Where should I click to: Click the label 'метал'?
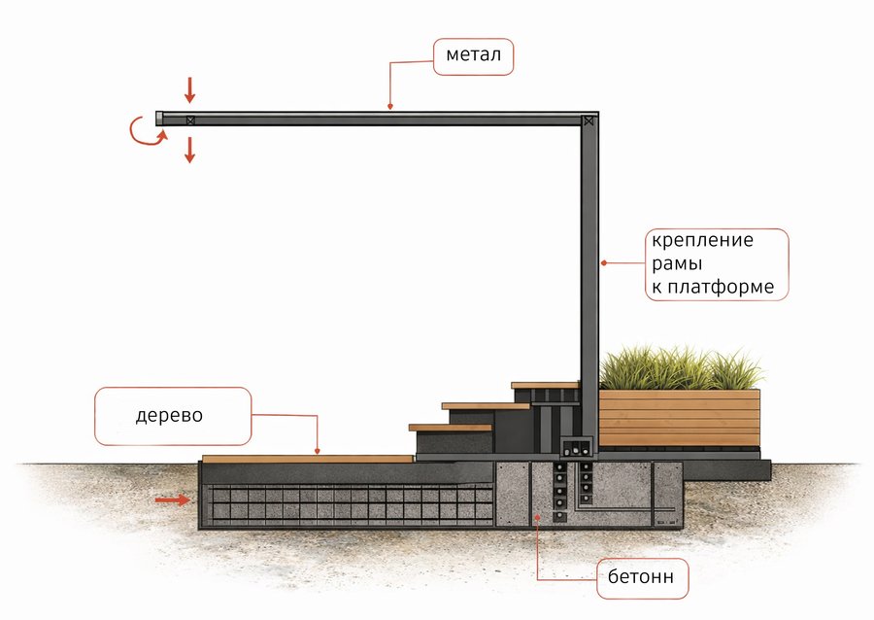click(473, 54)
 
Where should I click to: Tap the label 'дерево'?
click(169, 415)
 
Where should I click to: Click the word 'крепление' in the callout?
click(702, 240)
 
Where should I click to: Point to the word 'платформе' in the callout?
click(721, 287)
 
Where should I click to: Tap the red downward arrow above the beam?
click(190, 90)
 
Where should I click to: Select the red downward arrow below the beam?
click(190, 150)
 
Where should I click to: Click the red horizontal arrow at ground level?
click(173, 500)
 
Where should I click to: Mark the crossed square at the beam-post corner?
click(588, 121)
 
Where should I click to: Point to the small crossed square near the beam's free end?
click(190, 120)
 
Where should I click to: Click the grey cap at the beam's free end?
click(159, 119)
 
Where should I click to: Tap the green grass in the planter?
click(680, 368)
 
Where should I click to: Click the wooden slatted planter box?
click(680, 418)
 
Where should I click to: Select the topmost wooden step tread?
click(545, 385)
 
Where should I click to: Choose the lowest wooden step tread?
click(451, 428)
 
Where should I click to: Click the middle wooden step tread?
click(486, 406)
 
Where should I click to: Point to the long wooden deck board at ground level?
click(308, 459)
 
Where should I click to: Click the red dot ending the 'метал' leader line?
click(390, 106)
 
